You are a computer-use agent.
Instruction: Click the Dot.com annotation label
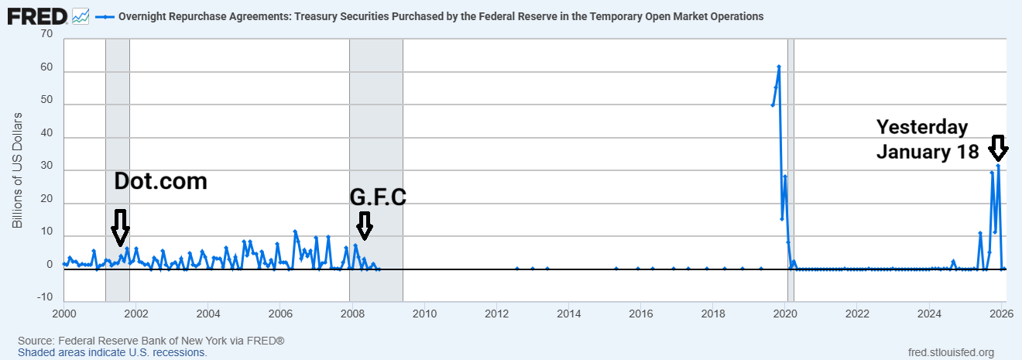[x=161, y=181]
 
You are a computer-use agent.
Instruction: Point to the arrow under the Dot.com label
[x=120, y=226]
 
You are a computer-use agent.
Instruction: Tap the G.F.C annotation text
[x=378, y=197]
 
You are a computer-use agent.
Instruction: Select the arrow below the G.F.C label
[x=364, y=226]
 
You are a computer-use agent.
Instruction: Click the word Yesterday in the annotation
[x=922, y=128]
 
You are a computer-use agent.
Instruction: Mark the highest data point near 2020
[x=778, y=67]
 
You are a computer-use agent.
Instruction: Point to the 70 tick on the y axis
[x=46, y=34]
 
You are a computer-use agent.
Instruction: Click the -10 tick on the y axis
[x=44, y=297]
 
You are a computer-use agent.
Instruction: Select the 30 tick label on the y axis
[x=46, y=170]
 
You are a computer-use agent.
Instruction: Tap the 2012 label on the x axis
[x=496, y=314]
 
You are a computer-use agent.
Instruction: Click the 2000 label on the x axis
[x=63, y=314]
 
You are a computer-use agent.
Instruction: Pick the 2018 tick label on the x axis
[x=712, y=314]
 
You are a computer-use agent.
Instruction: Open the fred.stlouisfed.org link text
[x=950, y=352]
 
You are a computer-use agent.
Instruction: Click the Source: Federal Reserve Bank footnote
[x=151, y=341]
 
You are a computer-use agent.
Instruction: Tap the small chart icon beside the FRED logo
[x=80, y=15]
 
